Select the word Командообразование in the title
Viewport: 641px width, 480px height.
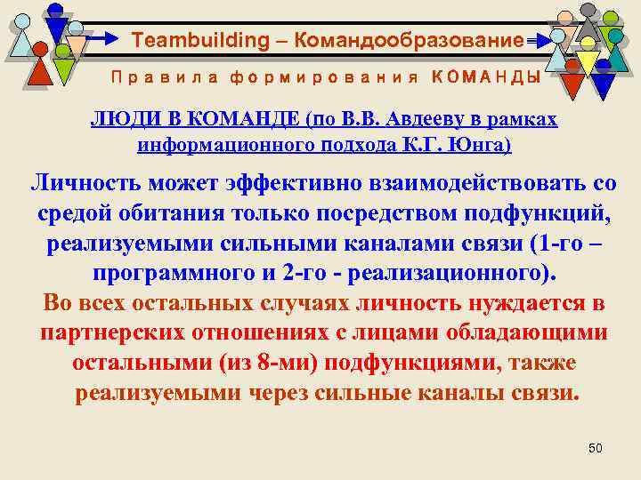coord(409,40)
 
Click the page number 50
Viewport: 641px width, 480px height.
coord(596,449)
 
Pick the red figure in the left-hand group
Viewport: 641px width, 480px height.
coord(37,69)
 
